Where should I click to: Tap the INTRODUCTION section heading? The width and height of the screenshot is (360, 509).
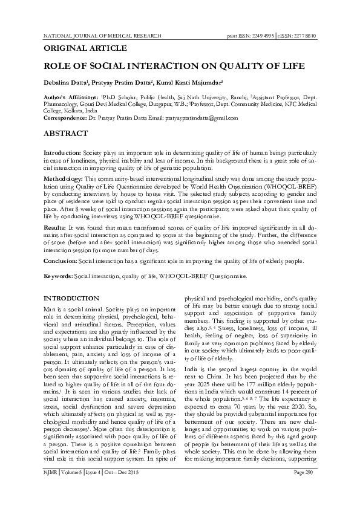coord(73,299)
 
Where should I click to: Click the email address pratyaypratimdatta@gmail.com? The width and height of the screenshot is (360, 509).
coord(197,117)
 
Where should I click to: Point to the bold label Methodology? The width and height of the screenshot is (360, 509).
coord(65,180)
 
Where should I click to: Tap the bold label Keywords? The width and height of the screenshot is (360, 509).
coord(59,276)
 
